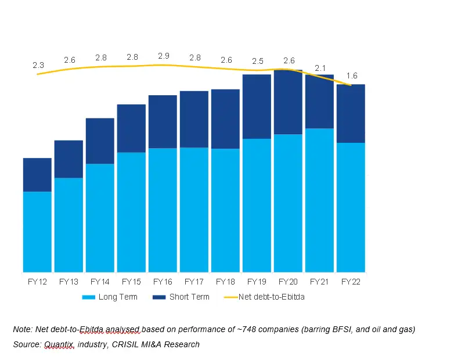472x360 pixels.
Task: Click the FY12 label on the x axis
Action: (x=38, y=282)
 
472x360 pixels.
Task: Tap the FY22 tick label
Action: (x=351, y=282)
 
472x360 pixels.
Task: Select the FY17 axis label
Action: (x=194, y=282)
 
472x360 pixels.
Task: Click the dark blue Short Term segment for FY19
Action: (x=257, y=106)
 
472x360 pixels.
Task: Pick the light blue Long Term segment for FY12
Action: (x=38, y=231)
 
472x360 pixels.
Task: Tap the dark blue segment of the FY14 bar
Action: (x=100, y=141)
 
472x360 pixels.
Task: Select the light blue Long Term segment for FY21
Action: (x=319, y=200)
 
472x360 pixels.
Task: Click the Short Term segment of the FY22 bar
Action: (x=351, y=113)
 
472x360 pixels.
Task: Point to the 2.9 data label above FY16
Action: (x=164, y=56)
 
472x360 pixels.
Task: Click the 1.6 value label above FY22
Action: (x=352, y=76)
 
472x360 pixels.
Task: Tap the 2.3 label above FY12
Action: (x=38, y=66)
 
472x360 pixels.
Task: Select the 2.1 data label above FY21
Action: (x=320, y=68)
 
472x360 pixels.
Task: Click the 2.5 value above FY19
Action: (x=257, y=61)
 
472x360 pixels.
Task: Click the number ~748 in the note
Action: (x=240, y=329)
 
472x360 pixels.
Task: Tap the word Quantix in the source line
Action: (x=59, y=344)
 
